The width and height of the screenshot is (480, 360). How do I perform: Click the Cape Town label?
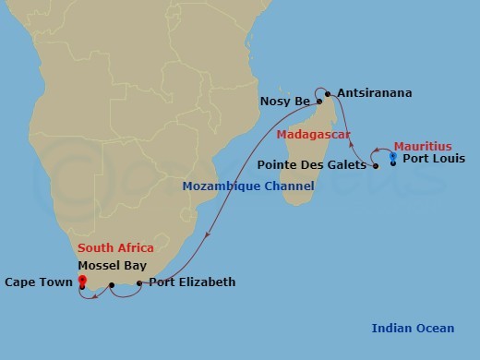[37, 282]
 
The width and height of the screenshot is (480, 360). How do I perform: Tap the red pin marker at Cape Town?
[82, 282]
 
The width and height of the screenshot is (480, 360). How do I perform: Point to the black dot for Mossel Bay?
[112, 285]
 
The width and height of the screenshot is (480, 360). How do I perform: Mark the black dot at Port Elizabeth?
[139, 283]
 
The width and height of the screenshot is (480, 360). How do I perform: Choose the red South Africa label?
[115, 247]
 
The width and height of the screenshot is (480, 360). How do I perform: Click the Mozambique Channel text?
[248, 186]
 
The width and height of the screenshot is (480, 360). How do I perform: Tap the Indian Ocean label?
[413, 328]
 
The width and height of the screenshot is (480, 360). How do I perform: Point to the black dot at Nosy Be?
[319, 101]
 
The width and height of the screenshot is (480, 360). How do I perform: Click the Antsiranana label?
[375, 93]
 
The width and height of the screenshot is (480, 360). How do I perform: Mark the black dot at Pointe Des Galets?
[376, 166]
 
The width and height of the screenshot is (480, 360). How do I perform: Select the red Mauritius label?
[423, 146]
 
